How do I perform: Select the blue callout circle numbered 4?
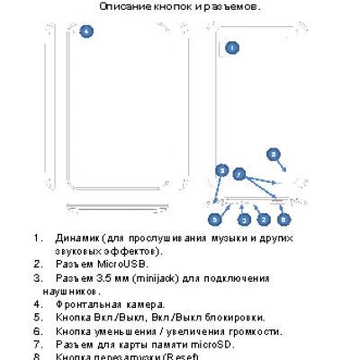[x=86, y=31]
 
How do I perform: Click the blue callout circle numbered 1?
[x=231, y=47]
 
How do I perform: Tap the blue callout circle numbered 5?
[x=215, y=219]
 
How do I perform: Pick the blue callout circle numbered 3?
[x=242, y=219]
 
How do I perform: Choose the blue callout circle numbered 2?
[x=264, y=219]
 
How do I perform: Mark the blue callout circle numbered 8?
[x=284, y=219]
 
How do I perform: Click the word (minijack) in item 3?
[x=158, y=278]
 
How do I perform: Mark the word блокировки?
[x=232, y=317]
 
